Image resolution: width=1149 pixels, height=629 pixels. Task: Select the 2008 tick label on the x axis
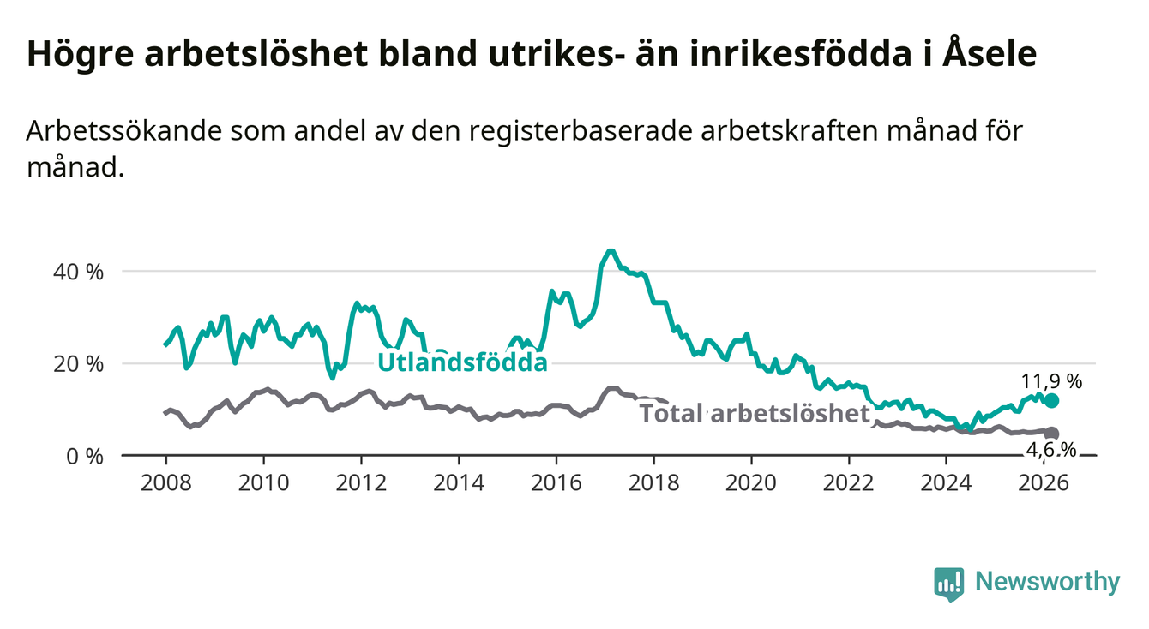pyautogui.click(x=165, y=482)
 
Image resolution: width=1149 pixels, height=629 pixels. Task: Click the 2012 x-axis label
pyautogui.click(x=361, y=482)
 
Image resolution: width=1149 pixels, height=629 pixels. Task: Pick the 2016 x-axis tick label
pyautogui.click(x=556, y=482)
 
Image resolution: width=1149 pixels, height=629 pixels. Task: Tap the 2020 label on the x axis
pyautogui.click(x=751, y=482)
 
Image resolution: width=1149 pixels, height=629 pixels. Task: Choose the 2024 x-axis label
pyautogui.click(x=946, y=482)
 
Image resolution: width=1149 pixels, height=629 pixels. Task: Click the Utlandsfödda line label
pyautogui.click(x=462, y=362)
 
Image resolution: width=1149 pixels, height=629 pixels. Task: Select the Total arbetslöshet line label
pyautogui.click(x=755, y=414)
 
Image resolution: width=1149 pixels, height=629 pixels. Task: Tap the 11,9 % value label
pyautogui.click(x=1051, y=380)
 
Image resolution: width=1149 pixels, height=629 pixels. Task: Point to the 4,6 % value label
pyautogui.click(x=1051, y=451)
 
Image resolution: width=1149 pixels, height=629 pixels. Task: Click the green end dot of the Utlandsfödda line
pyautogui.click(x=1052, y=401)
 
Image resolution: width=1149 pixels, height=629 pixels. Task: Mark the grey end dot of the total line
pyautogui.click(x=1052, y=434)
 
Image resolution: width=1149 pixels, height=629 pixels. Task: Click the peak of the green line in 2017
pyautogui.click(x=610, y=251)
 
